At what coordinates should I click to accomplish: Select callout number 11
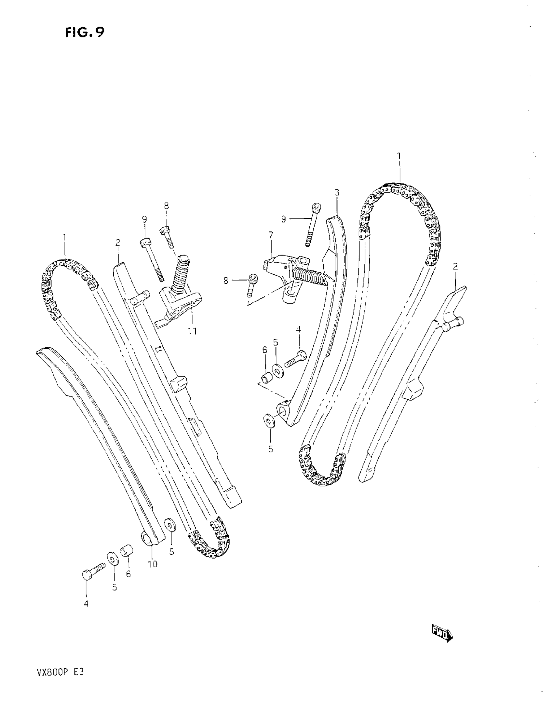pyautogui.click(x=192, y=331)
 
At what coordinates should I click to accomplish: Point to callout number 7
pyautogui.click(x=270, y=235)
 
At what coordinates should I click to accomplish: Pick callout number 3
pyautogui.click(x=337, y=192)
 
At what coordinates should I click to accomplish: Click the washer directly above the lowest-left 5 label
pyautogui.click(x=112, y=558)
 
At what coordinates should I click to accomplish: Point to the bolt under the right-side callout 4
pyautogui.click(x=295, y=358)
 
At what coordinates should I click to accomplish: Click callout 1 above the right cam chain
pyautogui.click(x=399, y=156)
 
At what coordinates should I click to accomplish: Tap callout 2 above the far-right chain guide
pyautogui.click(x=455, y=266)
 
